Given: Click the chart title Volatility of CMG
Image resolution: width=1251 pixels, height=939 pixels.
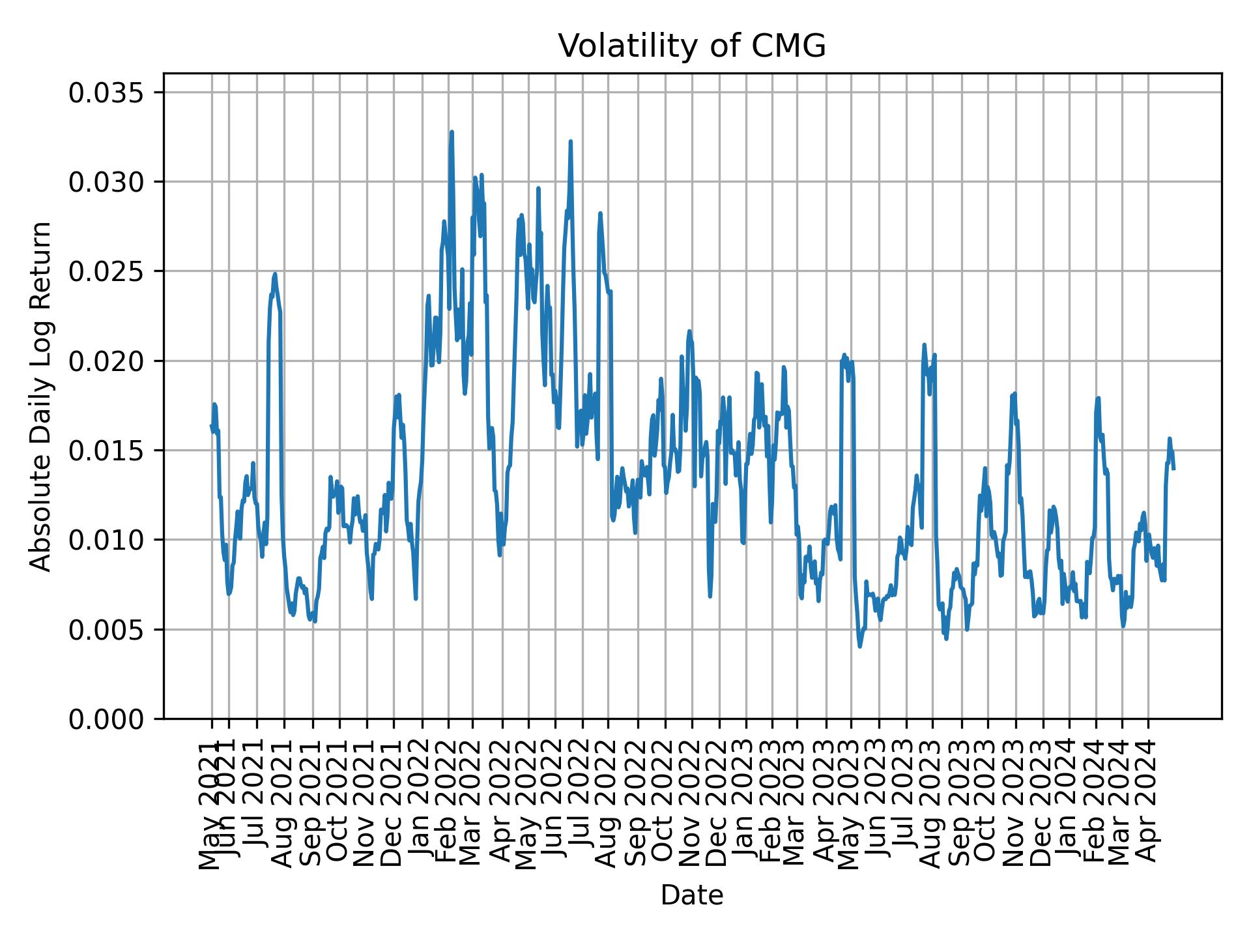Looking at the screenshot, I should (692, 47).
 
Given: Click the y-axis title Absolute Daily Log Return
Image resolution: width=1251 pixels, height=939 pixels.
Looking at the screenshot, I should (41, 396).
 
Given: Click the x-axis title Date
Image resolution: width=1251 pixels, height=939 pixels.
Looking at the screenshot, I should (692, 895).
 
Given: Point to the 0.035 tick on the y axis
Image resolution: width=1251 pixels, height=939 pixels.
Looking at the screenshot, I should (106, 93).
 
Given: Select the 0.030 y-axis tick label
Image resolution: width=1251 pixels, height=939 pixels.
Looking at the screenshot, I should (106, 182).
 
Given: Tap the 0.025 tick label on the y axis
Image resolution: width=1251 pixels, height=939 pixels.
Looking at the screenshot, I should (106, 271).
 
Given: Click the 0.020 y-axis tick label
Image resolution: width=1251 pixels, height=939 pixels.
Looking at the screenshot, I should (106, 361).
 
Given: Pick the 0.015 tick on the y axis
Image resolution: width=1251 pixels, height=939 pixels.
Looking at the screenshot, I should (106, 451).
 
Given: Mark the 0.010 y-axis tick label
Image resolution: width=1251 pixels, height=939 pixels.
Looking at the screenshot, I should (106, 540).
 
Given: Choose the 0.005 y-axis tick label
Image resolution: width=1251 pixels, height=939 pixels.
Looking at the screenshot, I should (106, 629).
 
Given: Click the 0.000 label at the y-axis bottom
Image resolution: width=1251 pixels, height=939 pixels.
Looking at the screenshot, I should (106, 719).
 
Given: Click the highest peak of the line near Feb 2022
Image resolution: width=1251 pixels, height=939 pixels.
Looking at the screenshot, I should (452, 132).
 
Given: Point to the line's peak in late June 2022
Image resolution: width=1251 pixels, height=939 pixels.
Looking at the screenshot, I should (570, 141).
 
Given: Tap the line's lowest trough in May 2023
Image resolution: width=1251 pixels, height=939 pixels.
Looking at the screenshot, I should (860, 646).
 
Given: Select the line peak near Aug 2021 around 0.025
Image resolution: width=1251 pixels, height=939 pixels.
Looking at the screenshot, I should (275, 274).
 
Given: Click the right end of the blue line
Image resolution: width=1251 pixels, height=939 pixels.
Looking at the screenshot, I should (1173, 468).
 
